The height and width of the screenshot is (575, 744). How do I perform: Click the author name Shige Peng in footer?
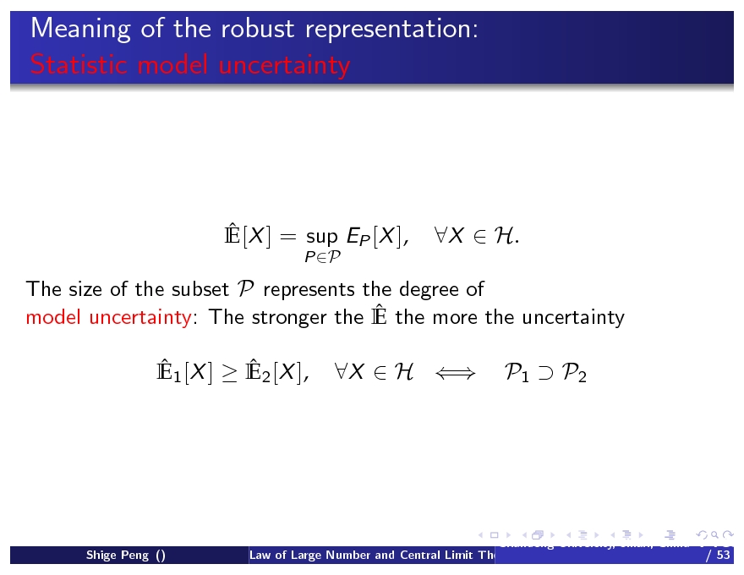tap(118, 556)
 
